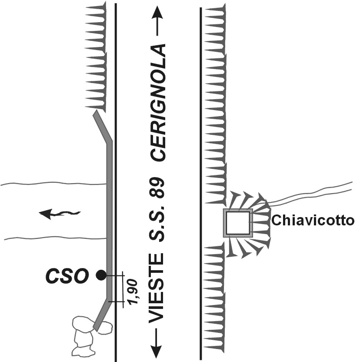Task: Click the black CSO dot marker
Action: [x=101, y=275]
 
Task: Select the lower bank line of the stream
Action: [x=52, y=238]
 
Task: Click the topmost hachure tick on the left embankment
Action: [x=96, y=8]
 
